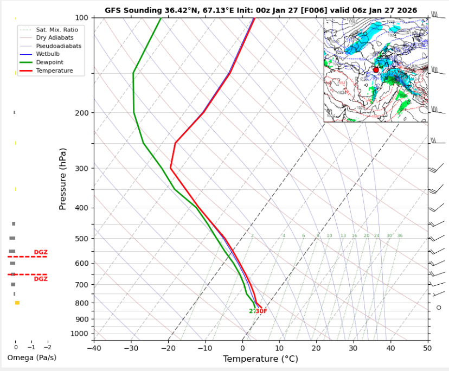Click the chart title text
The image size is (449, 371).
coord(261,10)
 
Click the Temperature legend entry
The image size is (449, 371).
coord(54,71)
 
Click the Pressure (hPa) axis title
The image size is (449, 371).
coord(63,178)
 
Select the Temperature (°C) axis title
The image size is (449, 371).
coord(260,359)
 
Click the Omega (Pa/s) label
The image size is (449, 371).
coord(31,358)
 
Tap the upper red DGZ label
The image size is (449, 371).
coord(41,252)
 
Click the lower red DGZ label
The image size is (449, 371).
coord(41,279)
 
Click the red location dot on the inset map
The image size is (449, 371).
coord(376,70)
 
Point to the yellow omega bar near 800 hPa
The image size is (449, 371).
coord(17,303)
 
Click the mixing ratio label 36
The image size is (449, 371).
coord(400,236)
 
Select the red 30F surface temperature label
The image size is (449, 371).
coord(261,311)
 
